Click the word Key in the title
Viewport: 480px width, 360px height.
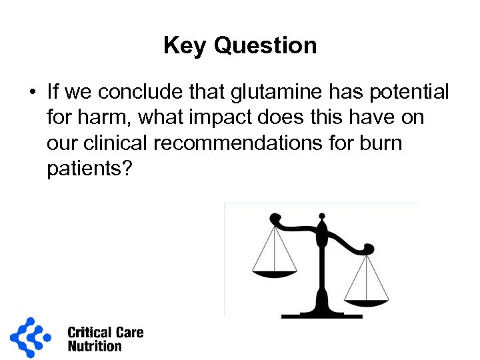(x=185, y=46)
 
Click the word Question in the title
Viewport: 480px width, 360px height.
(x=265, y=46)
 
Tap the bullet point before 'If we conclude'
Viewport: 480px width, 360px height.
(x=32, y=91)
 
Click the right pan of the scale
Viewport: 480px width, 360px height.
(x=366, y=301)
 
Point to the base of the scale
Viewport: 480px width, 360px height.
(x=323, y=312)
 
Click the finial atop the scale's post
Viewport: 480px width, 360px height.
(x=322, y=217)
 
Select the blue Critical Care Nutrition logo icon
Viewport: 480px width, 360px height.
(x=30, y=337)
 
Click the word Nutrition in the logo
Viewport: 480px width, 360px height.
(x=95, y=346)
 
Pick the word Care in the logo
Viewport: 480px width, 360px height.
(x=129, y=333)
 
